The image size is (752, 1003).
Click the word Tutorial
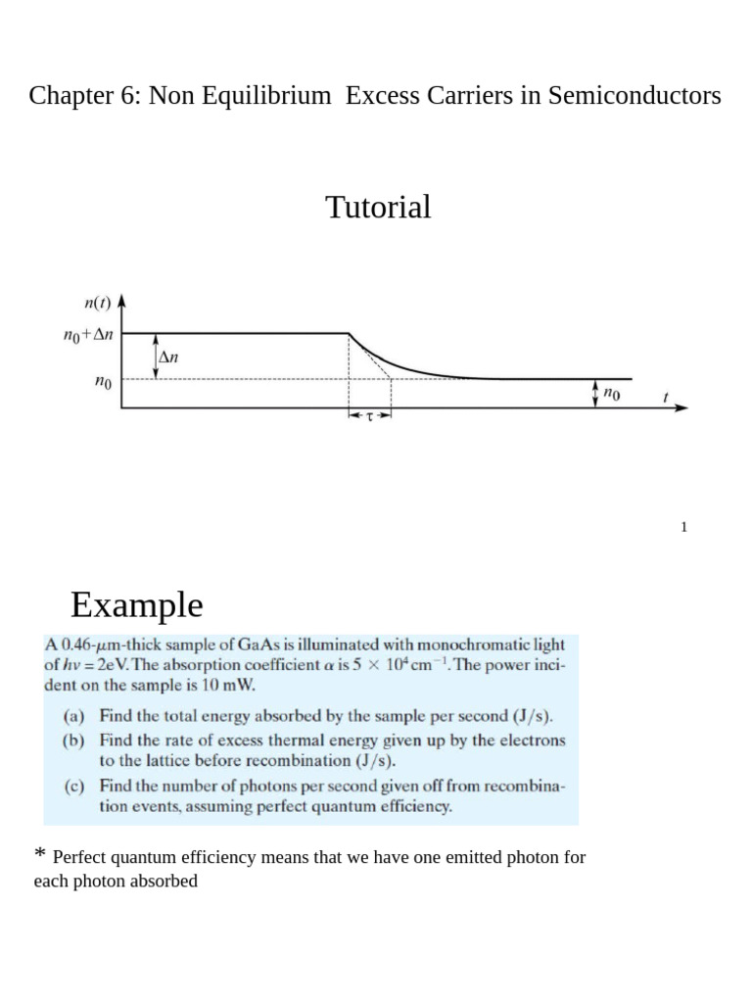click(x=378, y=208)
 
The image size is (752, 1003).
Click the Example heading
click(x=136, y=605)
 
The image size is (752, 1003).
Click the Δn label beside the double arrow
click(x=168, y=358)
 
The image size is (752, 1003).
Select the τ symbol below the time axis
click(x=370, y=416)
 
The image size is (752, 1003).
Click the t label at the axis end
click(x=666, y=398)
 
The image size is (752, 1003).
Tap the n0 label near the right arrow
click(x=612, y=394)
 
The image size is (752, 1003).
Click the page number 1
click(x=684, y=527)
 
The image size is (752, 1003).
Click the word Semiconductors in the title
click(x=634, y=96)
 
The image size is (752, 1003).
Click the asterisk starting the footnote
click(x=39, y=856)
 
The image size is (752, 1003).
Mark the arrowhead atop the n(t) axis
click(x=119, y=300)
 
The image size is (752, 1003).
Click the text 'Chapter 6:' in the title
click(x=85, y=96)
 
